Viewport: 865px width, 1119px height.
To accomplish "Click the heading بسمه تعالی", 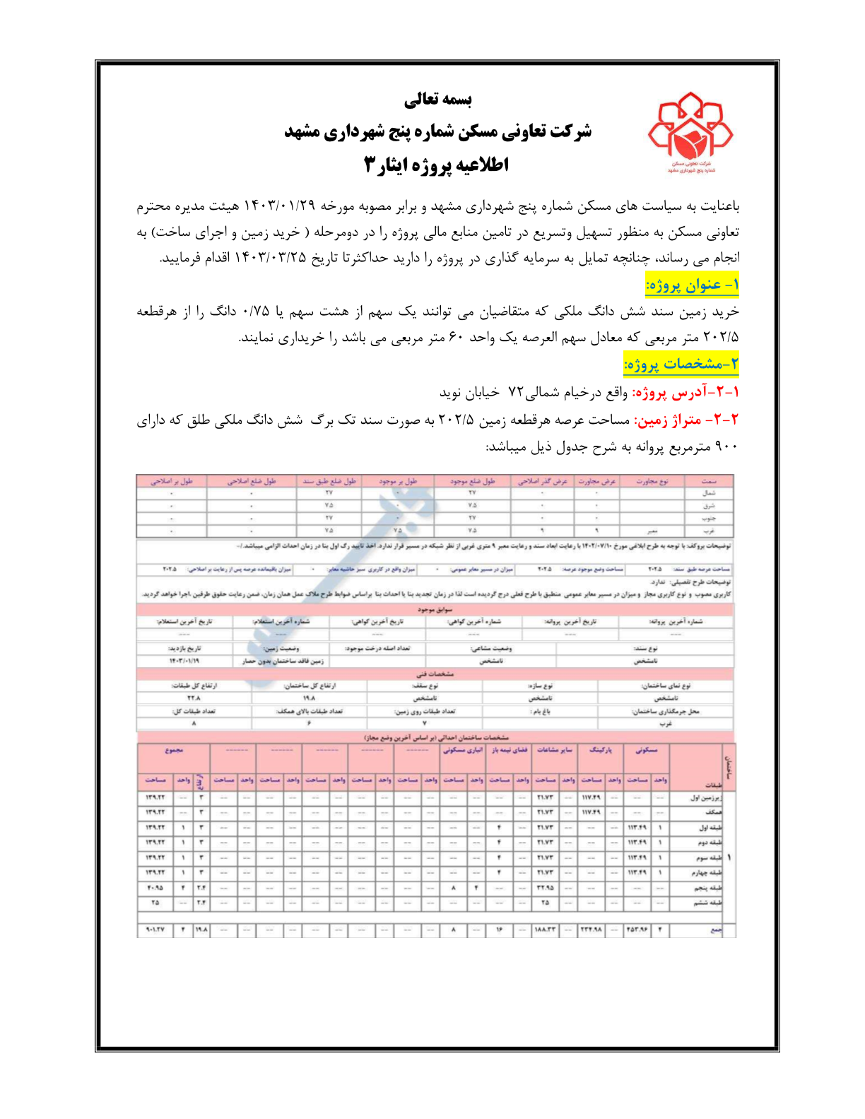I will point(437,100).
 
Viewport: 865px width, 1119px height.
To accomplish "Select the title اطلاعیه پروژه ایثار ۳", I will point(437,165).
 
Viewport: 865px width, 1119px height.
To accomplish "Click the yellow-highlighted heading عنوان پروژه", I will point(692,285).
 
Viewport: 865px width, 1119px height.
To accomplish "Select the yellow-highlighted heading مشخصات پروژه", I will point(681,365).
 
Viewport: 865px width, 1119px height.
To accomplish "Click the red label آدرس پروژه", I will point(685,392).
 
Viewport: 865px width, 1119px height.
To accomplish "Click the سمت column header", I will point(708,481).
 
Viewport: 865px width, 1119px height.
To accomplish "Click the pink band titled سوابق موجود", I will point(434,609).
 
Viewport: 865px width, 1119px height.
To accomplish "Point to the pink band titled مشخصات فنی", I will point(434,674).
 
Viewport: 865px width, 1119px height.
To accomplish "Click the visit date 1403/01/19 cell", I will point(184,661).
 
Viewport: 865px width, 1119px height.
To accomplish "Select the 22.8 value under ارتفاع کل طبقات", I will point(194,698).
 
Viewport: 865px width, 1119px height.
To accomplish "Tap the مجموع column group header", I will point(173,750).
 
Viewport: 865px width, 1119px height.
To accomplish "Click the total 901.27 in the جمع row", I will point(155,930).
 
